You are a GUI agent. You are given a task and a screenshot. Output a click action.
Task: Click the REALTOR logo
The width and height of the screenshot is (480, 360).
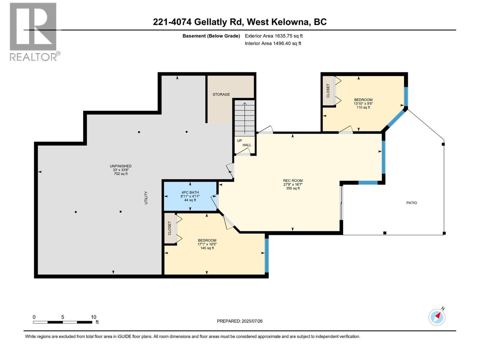33,31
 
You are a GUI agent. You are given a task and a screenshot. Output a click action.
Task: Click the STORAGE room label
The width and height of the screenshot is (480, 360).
221,94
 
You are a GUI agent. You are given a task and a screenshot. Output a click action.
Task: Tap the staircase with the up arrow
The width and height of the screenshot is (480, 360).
244,118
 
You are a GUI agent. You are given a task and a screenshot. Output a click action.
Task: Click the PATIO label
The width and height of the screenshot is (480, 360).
412,203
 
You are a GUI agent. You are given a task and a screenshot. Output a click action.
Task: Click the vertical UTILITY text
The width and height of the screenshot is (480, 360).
146,198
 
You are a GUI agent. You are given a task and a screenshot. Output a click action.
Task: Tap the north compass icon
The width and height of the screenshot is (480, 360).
437,317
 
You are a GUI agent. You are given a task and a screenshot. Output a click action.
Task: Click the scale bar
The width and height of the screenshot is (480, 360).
62,322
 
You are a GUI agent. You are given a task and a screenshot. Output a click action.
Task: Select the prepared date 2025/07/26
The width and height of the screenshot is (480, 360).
240,321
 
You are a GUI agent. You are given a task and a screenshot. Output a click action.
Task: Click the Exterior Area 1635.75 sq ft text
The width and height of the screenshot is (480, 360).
274,36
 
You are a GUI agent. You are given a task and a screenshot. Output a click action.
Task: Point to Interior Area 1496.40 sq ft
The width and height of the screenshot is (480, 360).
273,43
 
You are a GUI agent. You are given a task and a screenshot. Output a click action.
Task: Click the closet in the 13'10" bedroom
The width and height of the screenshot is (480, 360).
328,91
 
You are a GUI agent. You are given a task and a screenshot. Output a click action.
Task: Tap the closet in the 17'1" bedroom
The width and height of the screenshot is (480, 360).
169,228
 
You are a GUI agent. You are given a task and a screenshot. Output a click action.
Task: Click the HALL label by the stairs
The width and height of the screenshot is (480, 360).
247,145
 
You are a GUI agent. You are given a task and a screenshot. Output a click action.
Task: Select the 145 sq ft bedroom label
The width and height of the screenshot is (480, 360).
207,244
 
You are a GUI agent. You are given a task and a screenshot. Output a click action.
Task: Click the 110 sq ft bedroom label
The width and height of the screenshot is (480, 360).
363,103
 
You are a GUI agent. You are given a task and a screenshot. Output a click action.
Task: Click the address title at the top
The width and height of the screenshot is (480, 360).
240,22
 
